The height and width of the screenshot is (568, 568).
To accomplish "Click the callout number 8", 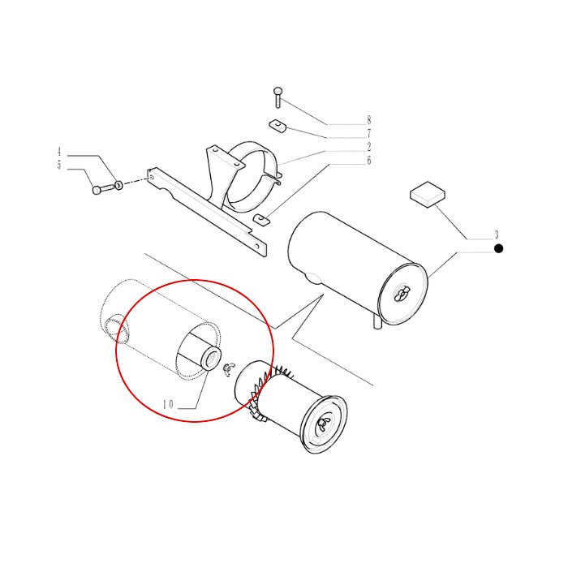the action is click(x=368, y=120).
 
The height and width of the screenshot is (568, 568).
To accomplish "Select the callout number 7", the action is click(x=368, y=133).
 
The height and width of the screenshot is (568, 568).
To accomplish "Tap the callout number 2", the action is click(x=368, y=147).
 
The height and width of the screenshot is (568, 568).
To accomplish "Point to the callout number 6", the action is click(x=368, y=160).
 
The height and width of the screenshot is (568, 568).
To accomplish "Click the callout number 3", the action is click(x=497, y=235).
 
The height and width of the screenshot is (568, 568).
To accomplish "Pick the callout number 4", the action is click(x=59, y=152).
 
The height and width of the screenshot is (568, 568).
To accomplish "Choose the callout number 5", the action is click(x=59, y=165).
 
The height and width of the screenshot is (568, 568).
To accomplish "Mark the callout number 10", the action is click(x=168, y=404).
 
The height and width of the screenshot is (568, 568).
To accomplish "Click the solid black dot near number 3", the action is click(x=499, y=248).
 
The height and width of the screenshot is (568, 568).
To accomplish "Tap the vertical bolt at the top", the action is click(x=278, y=97).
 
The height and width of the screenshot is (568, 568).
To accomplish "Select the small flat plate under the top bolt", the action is click(x=278, y=125).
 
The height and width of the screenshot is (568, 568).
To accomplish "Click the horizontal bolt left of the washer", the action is click(x=104, y=189).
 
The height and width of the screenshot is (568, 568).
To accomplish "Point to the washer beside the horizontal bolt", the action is click(x=118, y=186).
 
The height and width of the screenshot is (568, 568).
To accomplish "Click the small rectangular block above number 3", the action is click(x=428, y=195).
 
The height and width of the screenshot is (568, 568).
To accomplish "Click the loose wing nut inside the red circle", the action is click(x=228, y=369).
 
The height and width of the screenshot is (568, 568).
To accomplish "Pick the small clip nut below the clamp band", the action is click(x=261, y=220).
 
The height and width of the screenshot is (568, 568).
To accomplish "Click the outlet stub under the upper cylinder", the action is click(x=377, y=321).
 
